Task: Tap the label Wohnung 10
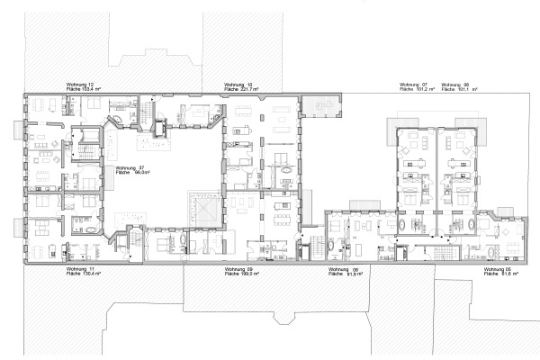click(x=238, y=85)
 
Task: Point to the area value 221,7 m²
click(x=248, y=89)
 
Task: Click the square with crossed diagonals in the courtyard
click(x=203, y=211)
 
